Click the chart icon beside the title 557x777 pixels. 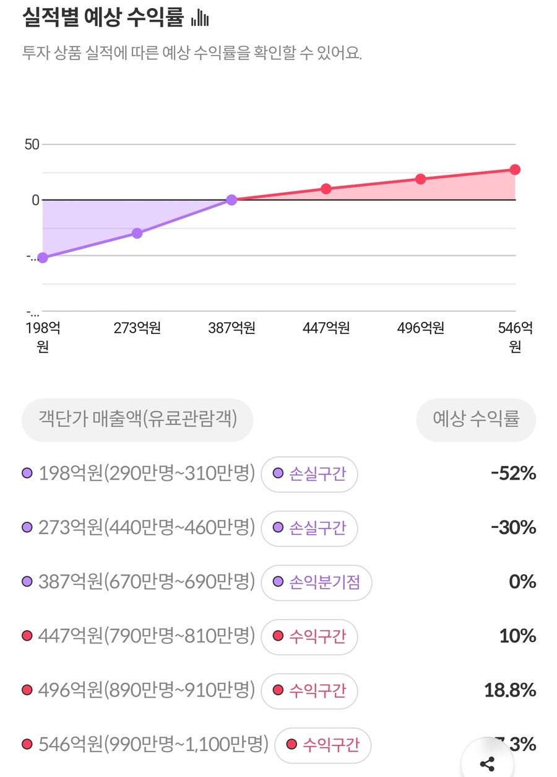click(x=200, y=19)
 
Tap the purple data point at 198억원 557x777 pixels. click(x=43, y=258)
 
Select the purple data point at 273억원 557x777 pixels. click(x=137, y=233)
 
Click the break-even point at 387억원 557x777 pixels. click(x=231, y=200)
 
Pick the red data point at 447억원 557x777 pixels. click(x=326, y=188)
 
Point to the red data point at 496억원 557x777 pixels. click(x=420, y=179)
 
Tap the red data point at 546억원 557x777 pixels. click(x=515, y=169)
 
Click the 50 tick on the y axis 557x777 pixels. click(x=32, y=144)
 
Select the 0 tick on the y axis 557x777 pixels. click(x=35, y=200)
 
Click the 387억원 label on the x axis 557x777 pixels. click(x=231, y=328)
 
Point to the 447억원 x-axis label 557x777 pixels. click(x=326, y=328)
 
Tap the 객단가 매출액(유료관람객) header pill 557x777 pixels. click(x=138, y=419)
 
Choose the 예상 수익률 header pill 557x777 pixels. click(x=475, y=419)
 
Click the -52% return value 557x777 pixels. click(x=513, y=474)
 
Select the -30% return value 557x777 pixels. click(x=513, y=528)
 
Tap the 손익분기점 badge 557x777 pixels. click(x=316, y=582)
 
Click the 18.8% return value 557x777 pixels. click(x=510, y=690)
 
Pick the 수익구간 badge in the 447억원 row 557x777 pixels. click(x=309, y=636)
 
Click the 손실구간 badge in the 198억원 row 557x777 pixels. click(x=309, y=474)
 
